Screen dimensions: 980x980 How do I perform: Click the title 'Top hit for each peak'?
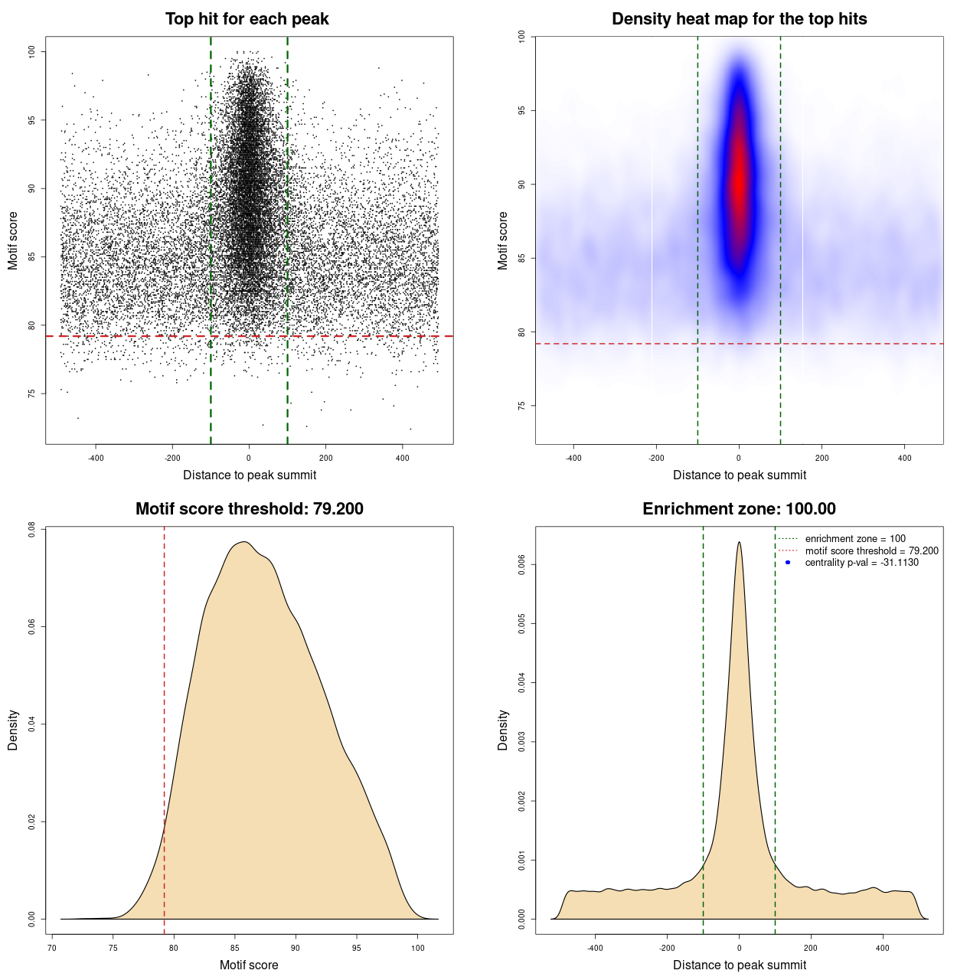[x=247, y=19]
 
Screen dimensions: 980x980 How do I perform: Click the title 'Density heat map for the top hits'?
[x=739, y=19]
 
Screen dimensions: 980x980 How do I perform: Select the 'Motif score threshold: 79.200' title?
[x=249, y=509]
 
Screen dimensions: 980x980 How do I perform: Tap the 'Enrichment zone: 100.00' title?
[x=739, y=509]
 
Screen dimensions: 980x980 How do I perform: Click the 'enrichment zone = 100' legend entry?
[x=854, y=539]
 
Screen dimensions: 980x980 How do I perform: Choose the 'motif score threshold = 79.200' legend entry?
[x=871, y=551]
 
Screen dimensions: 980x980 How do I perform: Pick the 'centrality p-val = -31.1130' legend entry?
[x=861, y=563]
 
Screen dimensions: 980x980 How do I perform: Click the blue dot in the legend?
[x=788, y=563]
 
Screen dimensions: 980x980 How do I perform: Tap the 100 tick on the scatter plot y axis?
[x=32, y=52]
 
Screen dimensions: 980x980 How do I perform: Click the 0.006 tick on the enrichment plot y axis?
[x=522, y=565]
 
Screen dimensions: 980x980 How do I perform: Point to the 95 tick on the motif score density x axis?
[x=357, y=948]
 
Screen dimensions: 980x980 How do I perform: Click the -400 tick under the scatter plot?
[x=96, y=458]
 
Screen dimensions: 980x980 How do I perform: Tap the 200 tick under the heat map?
[x=822, y=458]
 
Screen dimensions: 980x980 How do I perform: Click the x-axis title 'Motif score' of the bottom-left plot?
[x=249, y=965]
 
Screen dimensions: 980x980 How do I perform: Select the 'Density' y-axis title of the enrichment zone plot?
[x=503, y=730]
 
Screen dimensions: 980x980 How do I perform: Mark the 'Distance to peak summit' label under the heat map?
[x=740, y=475]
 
